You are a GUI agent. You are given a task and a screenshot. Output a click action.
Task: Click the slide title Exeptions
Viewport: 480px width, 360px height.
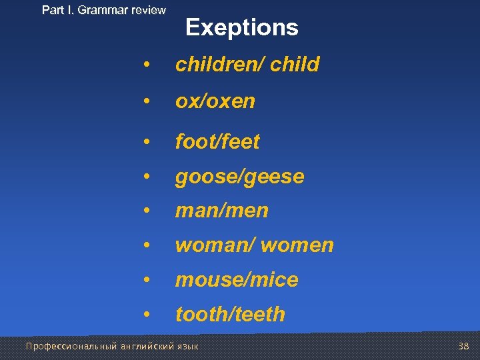(x=241, y=28)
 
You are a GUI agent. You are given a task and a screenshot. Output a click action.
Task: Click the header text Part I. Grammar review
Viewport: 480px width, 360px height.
(x=104, y=10)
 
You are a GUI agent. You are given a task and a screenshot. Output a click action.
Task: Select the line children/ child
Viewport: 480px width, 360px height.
(x=247, y=65)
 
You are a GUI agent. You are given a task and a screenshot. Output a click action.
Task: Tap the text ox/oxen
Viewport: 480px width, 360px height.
(x=215, y=101)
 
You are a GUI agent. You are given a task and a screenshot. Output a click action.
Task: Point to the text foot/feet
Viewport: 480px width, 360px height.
(x=217, y=141)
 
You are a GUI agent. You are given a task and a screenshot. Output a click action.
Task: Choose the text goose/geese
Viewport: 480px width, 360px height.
(x=239, y=177)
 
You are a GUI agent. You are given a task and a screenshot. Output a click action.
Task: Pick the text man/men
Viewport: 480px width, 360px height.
(x=221, y=211)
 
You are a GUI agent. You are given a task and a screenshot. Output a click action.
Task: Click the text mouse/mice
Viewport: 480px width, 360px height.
(x=237, y=280)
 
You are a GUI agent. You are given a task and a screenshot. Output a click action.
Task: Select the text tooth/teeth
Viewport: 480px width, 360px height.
(x=230, y=315)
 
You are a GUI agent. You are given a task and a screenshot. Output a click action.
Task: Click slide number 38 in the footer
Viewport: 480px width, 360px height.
(x=464, y=346)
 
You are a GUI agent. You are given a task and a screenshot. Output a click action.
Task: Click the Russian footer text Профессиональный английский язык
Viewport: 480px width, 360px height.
(x=111, y=346)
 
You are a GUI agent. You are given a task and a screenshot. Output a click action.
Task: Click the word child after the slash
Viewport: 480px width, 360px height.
(x=295, y=65)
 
